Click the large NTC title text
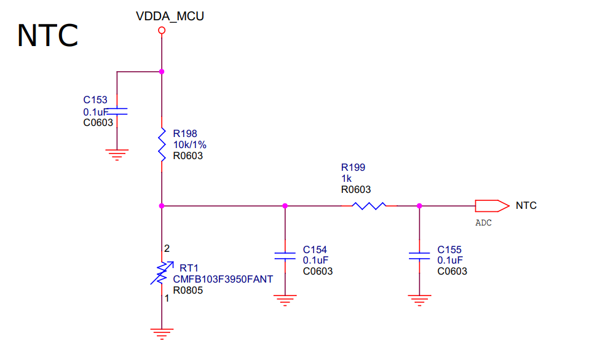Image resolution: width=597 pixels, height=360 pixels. pos(47,36)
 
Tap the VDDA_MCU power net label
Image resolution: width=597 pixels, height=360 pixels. pos(170,17)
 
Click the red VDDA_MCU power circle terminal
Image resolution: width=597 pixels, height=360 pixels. pos(162,29)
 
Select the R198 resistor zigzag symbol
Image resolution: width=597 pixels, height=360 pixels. pos(162,145)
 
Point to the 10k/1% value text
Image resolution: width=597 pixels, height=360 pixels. pos(189,144)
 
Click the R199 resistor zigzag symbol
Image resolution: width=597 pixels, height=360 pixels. pos(370,206)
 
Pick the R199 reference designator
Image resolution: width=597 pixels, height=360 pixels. pos(353,167)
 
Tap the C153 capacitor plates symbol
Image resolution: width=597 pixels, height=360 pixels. pos(117,112)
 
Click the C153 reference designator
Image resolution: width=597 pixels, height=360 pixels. pos(95,100)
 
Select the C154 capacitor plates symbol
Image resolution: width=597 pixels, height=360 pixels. pos(284,256)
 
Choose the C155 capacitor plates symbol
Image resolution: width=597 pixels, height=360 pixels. pos(419,256)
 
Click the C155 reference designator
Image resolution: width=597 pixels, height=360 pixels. pos(449,249)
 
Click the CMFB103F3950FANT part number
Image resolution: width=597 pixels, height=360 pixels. pos(223,279)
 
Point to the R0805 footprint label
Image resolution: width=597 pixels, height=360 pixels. pos(188,290)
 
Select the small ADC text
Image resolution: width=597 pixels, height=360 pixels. pos(484,223)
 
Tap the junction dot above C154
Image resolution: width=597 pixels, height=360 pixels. pos(284,206)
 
